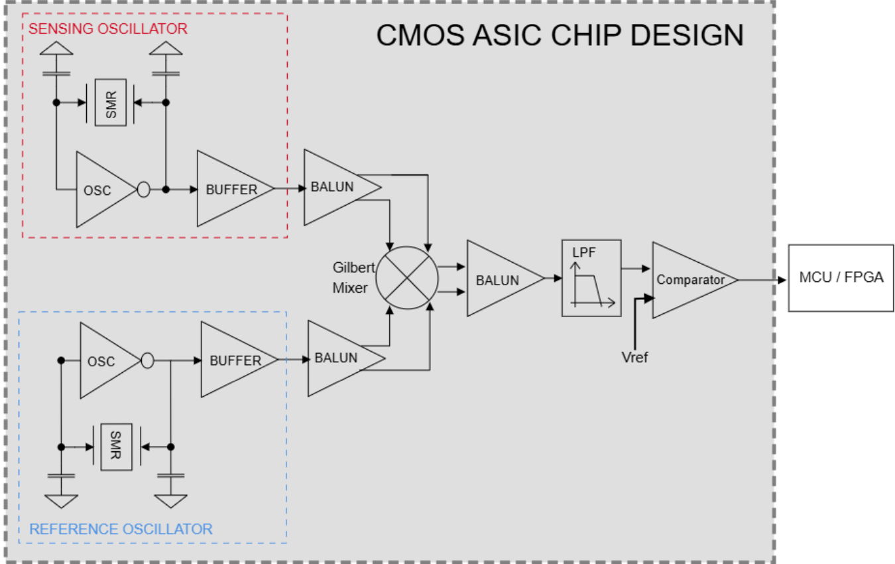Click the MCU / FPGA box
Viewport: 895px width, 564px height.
point(841,277)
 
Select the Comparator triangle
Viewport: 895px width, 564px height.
point(689,280)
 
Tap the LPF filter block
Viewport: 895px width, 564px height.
point(591,278)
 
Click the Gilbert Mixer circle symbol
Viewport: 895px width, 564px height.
point(407,277)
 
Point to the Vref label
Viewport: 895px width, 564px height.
point(634,358)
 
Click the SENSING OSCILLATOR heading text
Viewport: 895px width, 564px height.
point(107,29)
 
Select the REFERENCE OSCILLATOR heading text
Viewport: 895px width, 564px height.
point(121,529)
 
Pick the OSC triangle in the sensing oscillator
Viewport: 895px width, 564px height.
point(99,190)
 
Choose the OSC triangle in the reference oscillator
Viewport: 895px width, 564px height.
point(103,361)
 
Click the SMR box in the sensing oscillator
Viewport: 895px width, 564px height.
point(111,102)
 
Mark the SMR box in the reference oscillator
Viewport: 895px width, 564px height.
point(117,447)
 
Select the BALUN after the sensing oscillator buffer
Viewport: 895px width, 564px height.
point(335,186)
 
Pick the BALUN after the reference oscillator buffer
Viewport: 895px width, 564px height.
point(339,358)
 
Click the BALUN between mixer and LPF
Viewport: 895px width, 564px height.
point(499,279)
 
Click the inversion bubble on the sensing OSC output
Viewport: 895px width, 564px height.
point(143,190)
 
